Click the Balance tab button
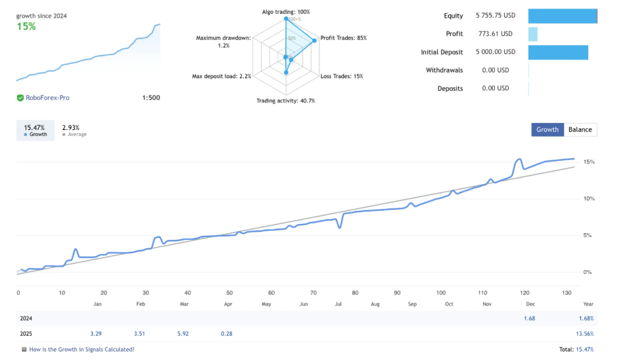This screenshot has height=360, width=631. pos(580,129)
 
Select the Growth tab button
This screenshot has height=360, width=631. pos(548,129)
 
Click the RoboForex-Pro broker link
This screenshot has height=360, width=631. pos(47,98)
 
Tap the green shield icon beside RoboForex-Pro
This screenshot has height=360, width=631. pos(20,98)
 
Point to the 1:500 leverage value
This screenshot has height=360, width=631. pos(151,98)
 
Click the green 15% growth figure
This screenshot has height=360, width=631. pos(26,27)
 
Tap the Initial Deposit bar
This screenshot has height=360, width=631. pos(558,52)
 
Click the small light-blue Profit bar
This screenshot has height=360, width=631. pos(532,34)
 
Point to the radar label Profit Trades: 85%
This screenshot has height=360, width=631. pos(343,38)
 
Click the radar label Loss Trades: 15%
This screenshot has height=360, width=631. pos(342,76)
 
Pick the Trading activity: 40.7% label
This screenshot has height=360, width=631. pos(286,101)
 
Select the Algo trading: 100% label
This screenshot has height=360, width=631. pos(286,12)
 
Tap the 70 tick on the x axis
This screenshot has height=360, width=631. pos(314,293)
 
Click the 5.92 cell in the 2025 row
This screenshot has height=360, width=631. pos(183,333)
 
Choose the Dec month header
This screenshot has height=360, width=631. pos(529,304)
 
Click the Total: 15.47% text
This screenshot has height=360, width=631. pos(575,349)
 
